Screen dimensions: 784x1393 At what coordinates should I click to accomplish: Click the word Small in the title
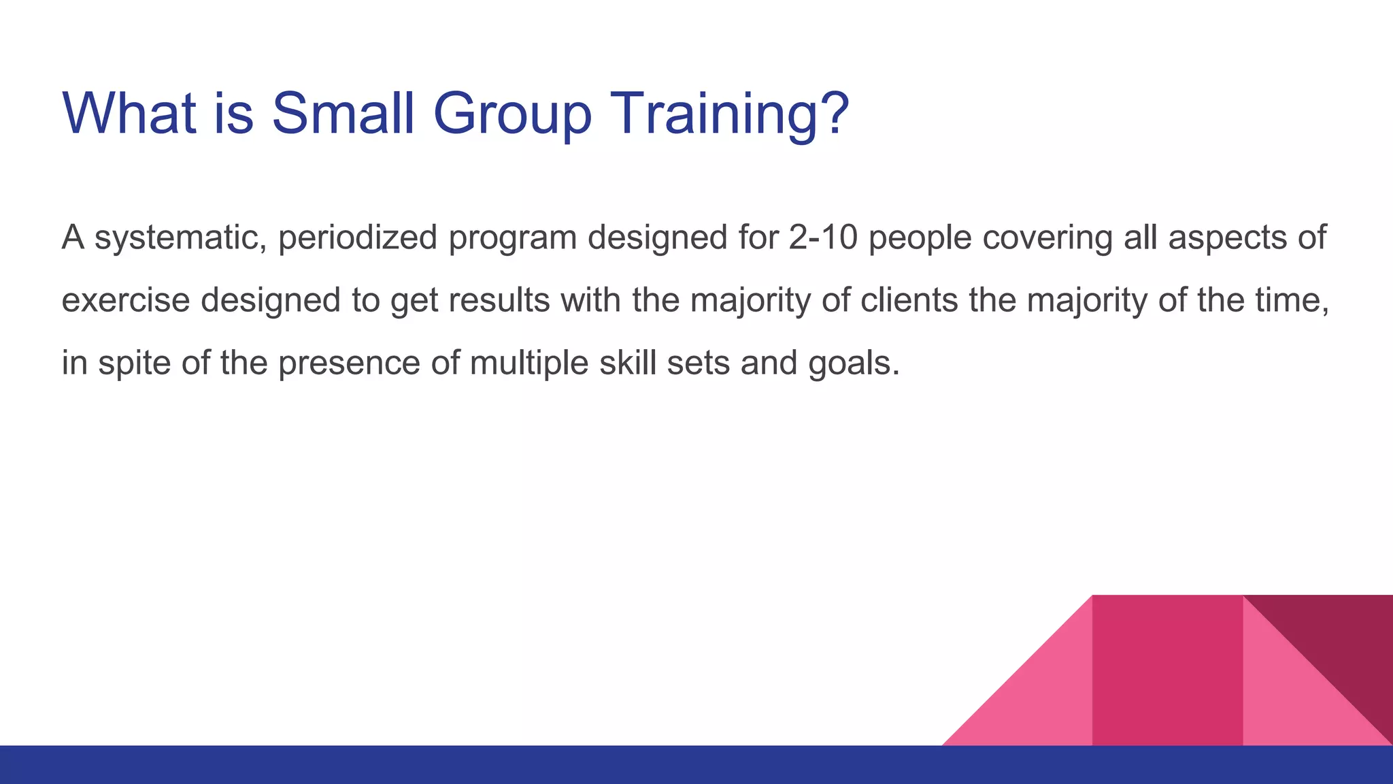coord(343,114)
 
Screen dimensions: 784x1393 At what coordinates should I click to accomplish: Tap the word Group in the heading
coord(512,114)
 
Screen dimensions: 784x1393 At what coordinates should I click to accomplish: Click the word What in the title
coord(129,114)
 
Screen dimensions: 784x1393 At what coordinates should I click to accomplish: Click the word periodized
coord(357,238)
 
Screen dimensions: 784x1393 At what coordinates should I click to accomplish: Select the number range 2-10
coord(823,238)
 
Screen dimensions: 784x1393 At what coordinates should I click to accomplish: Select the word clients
coord(909,300)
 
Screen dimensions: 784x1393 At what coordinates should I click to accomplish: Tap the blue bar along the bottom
coord(476,765)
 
